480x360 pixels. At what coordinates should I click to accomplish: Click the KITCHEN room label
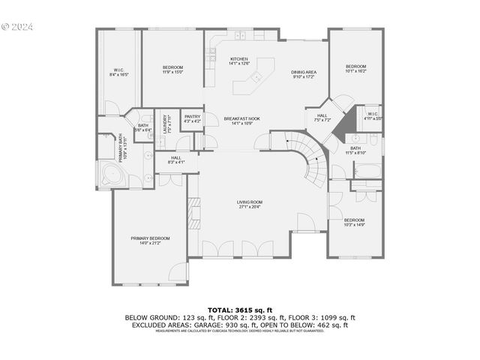[238, 61]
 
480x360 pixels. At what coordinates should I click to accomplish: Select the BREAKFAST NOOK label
[241, 121]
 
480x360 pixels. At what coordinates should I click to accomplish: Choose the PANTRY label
[192, 118]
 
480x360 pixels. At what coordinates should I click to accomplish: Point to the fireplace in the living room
[194, 212]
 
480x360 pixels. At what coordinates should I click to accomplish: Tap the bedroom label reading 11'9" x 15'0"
[172, 70]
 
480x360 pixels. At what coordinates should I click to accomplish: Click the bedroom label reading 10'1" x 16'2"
[355, 68]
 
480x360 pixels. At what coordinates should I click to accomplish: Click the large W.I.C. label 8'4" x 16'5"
[119, 73]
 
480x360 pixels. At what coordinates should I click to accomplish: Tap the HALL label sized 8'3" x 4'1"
[176, 160]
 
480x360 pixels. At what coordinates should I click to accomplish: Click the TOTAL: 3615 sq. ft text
[239, 310]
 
